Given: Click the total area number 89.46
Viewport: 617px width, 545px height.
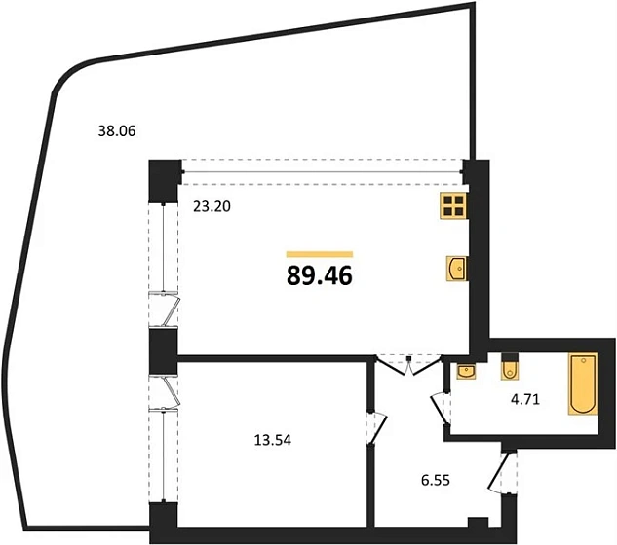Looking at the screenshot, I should (319, 275).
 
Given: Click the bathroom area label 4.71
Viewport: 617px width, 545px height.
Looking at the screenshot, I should (526, 397).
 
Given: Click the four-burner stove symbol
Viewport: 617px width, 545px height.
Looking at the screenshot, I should (453, 204).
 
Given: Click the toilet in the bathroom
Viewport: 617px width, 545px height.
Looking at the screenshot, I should (509, 369).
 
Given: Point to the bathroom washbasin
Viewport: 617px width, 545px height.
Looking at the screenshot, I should (465, 370).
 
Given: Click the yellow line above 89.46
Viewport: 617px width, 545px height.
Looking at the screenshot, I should (319, 253).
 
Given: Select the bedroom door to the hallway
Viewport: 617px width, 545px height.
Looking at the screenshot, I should (372, 428).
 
